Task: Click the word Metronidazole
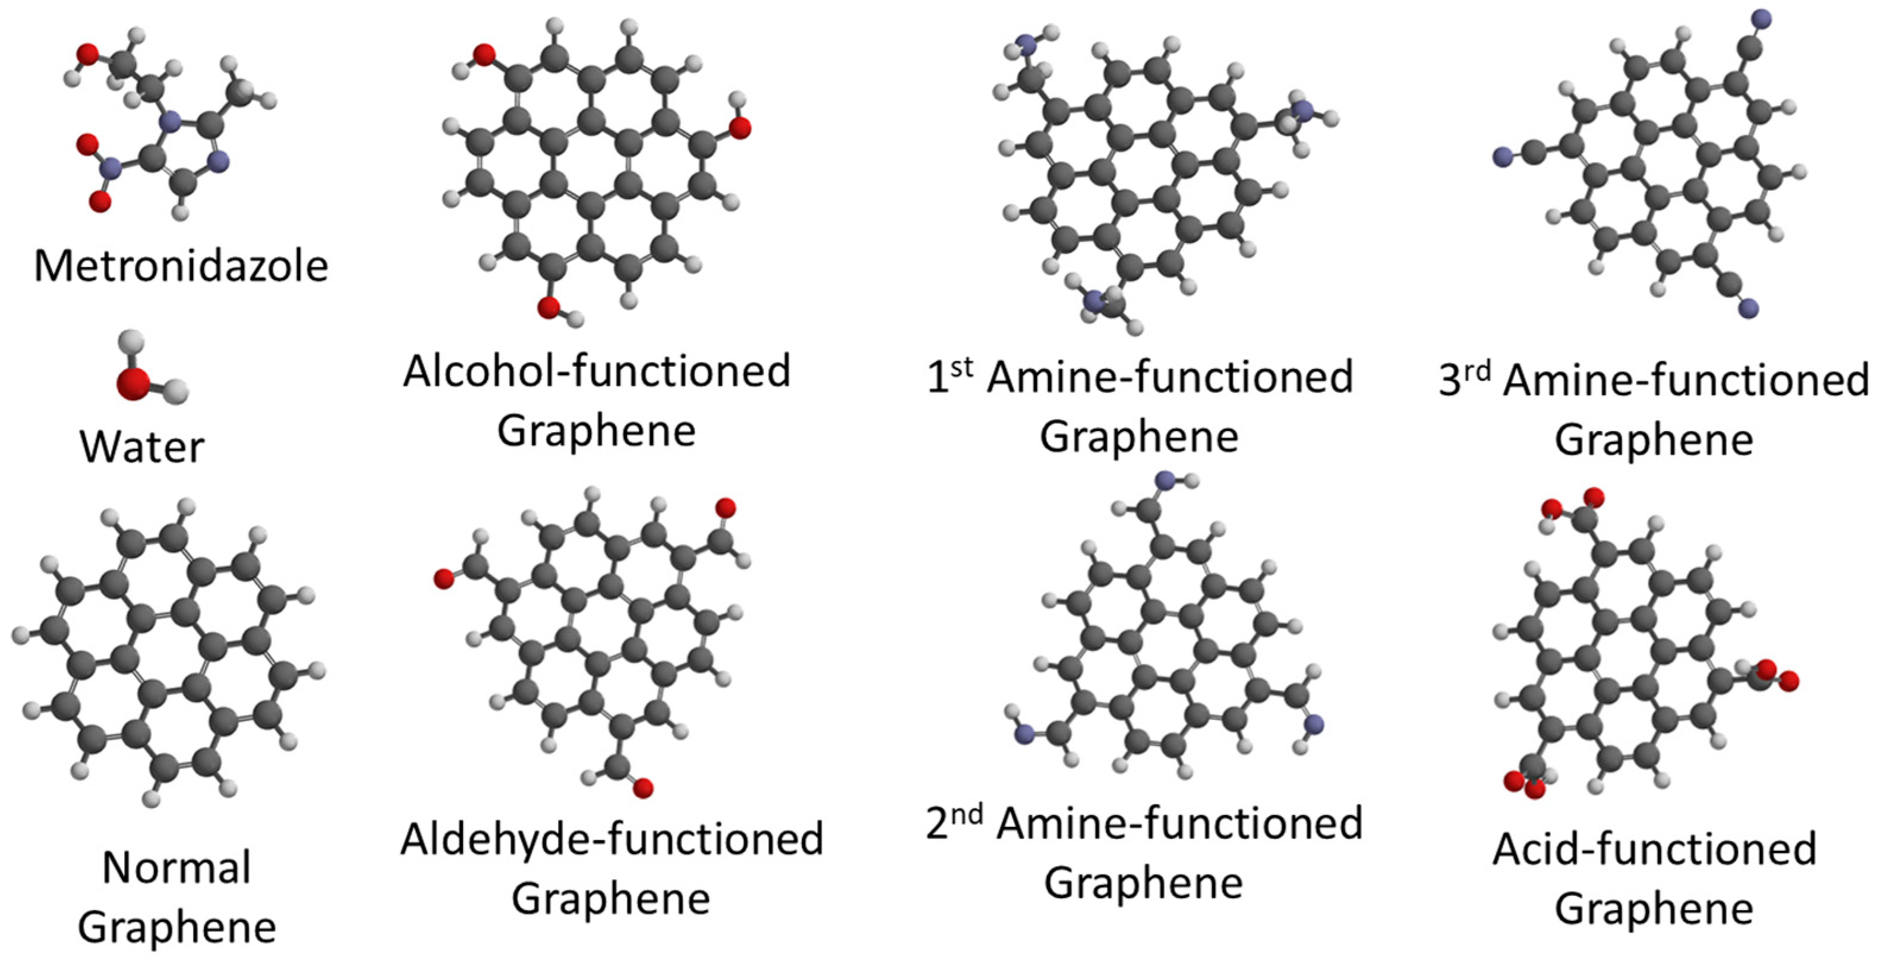(181, 266)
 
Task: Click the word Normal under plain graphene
(176, 867)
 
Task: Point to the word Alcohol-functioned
(596, 371)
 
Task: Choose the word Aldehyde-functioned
(611, 839)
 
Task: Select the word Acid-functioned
(1654, 849)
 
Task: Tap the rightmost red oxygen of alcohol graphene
(739, 128)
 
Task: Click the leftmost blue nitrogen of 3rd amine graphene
(1502, 156)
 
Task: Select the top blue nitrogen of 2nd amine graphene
(1165, 480)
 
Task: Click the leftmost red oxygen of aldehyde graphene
(443, 579)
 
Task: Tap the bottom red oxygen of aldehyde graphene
(643, 788)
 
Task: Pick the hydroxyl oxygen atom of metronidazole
(87, 53)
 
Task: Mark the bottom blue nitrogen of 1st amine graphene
(1093, 300)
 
